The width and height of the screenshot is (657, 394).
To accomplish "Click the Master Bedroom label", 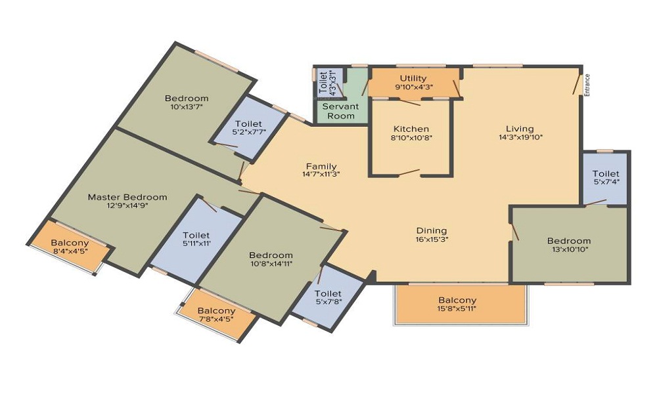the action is tap(127, 197).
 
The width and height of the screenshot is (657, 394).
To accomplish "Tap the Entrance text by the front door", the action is tap(587, 85).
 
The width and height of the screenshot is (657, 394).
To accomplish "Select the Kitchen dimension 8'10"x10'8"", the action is tap(411, 137).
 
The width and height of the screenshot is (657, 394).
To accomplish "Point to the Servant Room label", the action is tap(340, 112).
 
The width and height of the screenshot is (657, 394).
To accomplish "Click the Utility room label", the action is tap(413, 78).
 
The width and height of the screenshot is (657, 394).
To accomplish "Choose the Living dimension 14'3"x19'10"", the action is tap(520, 137).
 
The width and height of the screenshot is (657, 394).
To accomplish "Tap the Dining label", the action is tap(432, 230).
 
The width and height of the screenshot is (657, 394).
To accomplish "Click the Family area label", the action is tap(321, 166).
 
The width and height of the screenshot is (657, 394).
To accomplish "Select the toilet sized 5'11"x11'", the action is tap(196, 238).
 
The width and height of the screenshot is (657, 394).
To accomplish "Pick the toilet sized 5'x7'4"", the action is tap(606, 177).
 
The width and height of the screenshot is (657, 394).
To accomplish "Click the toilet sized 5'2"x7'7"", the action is tap(248, 127).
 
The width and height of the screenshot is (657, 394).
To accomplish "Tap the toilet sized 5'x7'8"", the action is tap(328, 297).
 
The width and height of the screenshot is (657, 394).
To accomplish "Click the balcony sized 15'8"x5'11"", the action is tap(457, 305).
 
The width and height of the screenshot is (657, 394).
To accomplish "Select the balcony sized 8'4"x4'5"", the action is tap(70, 247).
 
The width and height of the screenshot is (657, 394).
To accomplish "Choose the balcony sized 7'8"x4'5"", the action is tap(216, 315).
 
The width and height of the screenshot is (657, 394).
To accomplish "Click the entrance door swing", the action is tap(578, 84).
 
